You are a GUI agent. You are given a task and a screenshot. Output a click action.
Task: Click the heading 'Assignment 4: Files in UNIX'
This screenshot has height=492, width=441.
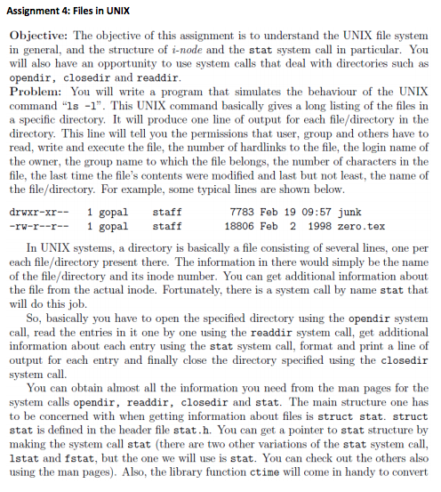pos(74,12)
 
